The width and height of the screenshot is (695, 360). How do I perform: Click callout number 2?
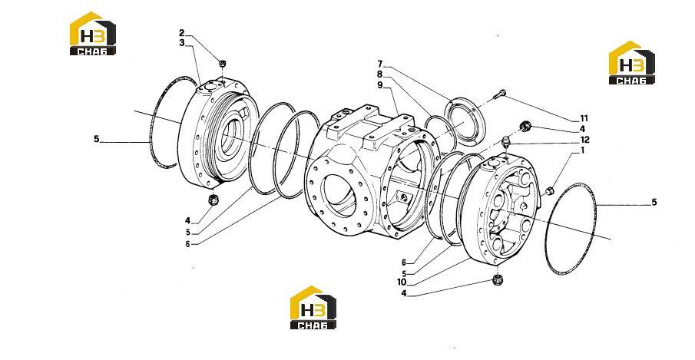[182, 33]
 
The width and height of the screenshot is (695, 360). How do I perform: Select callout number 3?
[182, 43]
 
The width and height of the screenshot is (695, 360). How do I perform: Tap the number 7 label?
[380, 64]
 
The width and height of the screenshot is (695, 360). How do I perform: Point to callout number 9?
[380, 85]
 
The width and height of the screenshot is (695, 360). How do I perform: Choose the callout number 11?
[584, 119]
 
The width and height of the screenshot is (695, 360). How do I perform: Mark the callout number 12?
[585, 140]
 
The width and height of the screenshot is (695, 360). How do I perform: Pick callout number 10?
[402, 282]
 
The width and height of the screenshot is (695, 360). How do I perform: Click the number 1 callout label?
[582, 150]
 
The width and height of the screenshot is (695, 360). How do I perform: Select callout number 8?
[380, 74]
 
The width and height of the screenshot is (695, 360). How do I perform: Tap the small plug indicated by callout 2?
[223, 64]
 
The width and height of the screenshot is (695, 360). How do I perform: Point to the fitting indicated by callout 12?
[506, 143]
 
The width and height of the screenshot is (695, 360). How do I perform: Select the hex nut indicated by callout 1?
[548, 191]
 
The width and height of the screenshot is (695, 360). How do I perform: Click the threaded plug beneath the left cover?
[213, 200]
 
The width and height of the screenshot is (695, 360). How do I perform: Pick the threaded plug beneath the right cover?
[498, 280]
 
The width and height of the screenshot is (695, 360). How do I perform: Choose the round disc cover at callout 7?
[466, 120]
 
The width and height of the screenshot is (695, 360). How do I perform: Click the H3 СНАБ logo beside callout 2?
[93, 34]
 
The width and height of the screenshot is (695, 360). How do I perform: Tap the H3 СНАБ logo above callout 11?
[631, 63]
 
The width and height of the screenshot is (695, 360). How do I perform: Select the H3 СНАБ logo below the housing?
[313, 308]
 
